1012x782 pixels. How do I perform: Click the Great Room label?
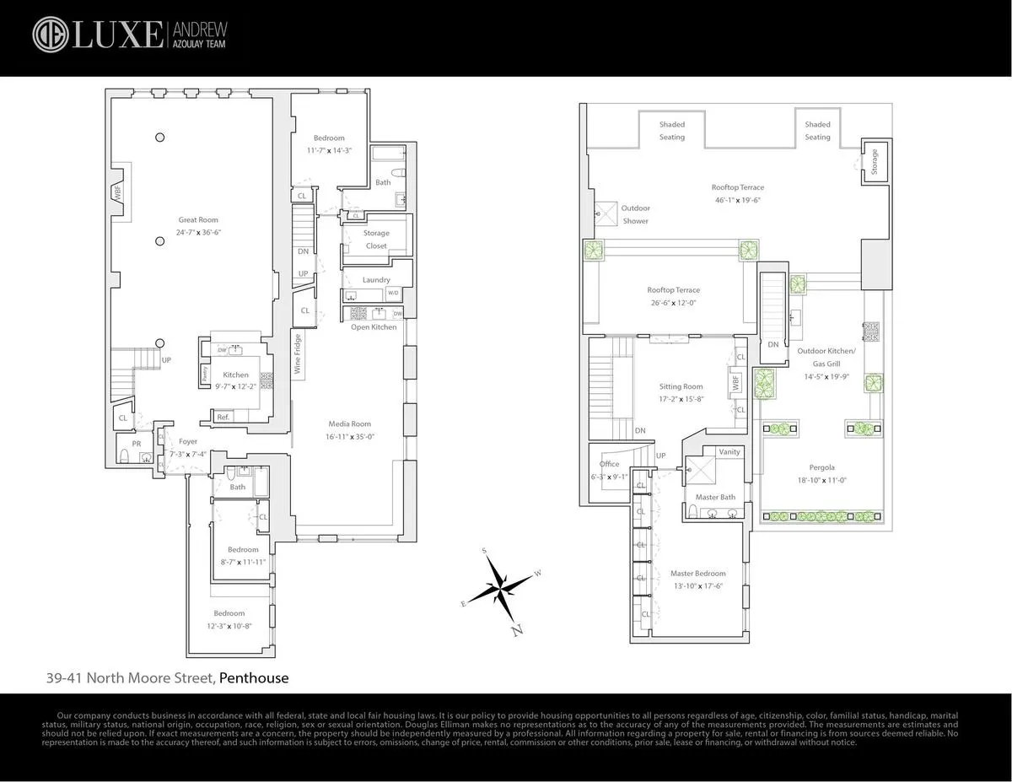(198, 220)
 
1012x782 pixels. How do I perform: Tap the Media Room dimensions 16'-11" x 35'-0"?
(349, 437)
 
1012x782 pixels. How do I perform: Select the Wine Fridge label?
(297, 354)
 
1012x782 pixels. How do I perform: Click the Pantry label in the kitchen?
(205, 375)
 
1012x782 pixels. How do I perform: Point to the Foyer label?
(188, 441)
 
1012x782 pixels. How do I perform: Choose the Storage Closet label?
(376, 240)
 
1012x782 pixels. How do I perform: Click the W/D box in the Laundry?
(393, 294)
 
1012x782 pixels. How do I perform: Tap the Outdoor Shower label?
(635, 214)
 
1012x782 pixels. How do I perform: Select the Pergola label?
(815, 467)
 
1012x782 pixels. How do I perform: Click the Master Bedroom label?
(697, 574)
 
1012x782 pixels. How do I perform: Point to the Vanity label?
(729, 452)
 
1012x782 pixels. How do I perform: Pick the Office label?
(609, 464)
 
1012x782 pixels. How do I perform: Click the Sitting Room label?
(681, 387)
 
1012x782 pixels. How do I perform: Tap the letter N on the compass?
(518, 629)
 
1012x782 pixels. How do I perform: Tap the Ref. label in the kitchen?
(223, 417)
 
